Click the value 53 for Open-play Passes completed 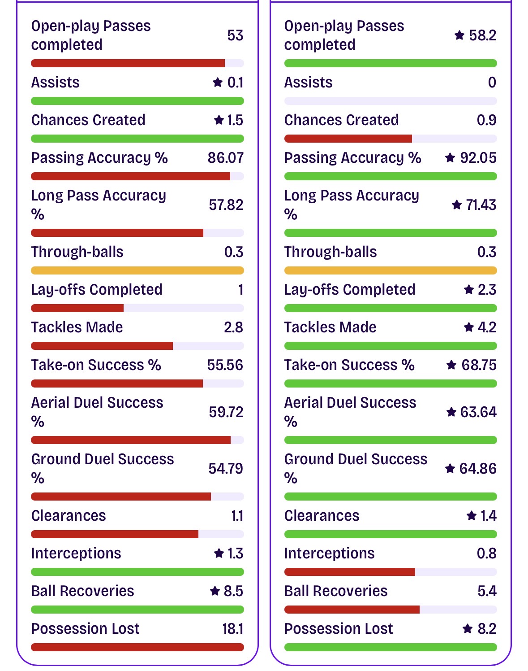(235, 35)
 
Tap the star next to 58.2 (459, 35)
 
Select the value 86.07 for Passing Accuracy (225, 158)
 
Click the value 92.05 (478, 158)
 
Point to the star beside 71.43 (456, 205)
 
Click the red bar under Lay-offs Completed (77, 308)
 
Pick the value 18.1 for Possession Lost (232, 629)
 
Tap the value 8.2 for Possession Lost (487, 629)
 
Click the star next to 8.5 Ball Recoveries (215, 591)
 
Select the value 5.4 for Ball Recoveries (487, 591)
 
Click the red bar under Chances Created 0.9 (348, 139)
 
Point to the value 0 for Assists (492, 83)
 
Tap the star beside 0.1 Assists (218, 82)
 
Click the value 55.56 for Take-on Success (225, 365)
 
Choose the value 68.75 (479, 365)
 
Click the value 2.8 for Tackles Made (233, 327)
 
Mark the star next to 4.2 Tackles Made (468, 327)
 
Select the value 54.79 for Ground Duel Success (226, 469)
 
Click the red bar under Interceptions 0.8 (349, 572)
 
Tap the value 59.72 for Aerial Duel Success (226, 412)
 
